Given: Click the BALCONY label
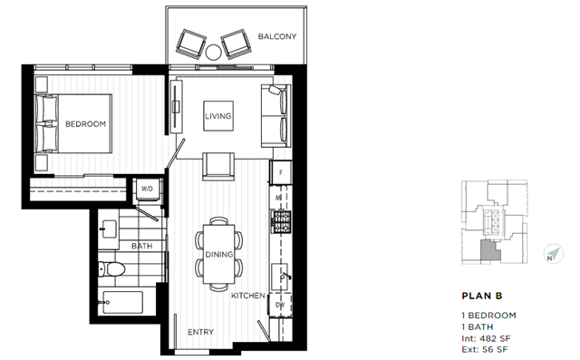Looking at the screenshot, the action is [277, 36].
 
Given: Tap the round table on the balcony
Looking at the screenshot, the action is [214, 53].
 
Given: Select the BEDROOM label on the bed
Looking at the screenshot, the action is [85, 124].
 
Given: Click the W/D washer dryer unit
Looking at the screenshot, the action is [147, 189].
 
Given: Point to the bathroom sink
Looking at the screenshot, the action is [108, 229].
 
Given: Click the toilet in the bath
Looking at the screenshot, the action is [111, 269].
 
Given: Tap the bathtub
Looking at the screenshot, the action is [122, 302].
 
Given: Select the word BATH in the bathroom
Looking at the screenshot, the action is [141, 246].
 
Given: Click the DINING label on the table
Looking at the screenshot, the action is [219, 255].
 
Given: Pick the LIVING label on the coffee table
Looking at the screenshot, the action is [218, 116].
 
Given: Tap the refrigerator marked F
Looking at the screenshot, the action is [281, 172].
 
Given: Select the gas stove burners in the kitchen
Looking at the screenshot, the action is [282, 221].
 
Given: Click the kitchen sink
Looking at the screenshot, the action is [280, 276].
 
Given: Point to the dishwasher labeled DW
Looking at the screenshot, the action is [280, 306].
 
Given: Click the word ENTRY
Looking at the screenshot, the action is [200, 332].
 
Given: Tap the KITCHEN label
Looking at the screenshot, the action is [248, 296].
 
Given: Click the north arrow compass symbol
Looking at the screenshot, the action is [554, 254].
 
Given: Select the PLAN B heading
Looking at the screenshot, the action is [482, 296].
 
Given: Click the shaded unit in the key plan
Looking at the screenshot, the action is [489, 250].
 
